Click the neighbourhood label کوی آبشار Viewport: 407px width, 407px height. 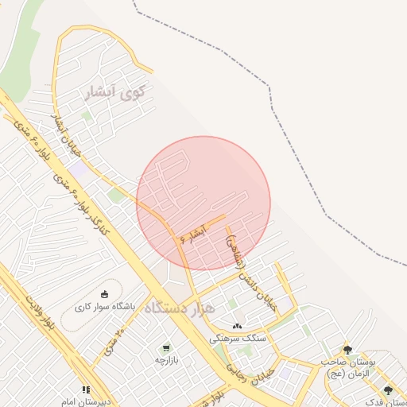116,94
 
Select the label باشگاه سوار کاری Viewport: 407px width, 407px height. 106,306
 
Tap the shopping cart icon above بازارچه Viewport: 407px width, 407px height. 166,348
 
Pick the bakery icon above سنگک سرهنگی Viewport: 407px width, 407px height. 237,326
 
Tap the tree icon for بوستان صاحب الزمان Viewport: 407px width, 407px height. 347,350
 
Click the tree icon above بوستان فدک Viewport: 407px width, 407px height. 388,390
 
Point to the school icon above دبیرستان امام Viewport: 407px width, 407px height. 86,390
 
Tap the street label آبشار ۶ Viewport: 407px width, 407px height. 194,232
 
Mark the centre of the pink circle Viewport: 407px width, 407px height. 203,203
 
